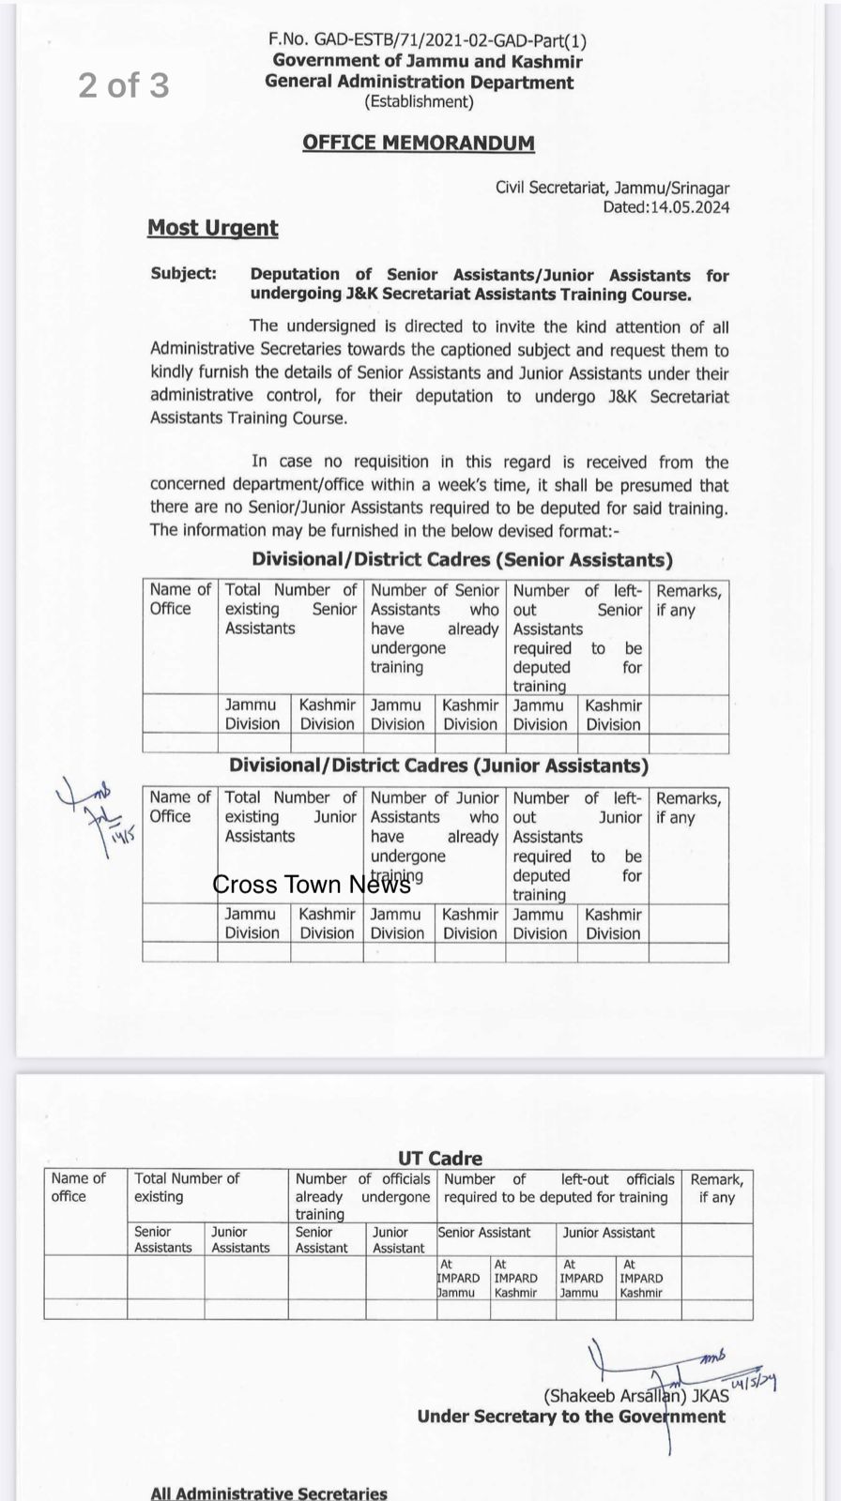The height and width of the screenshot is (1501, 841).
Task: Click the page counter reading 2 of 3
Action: click(124, 85)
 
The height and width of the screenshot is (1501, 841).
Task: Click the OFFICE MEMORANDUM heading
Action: click(419, 143)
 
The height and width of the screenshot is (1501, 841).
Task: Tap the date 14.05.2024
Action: click(686, 207)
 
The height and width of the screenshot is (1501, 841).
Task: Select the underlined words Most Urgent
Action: click(213, 228)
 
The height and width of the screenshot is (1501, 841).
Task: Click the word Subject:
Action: click(183, 274)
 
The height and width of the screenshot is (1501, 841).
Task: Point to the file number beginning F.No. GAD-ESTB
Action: click(427, 39)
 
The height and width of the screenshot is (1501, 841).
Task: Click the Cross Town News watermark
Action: click(312, 884)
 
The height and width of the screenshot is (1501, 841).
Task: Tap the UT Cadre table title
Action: click(440, 1158)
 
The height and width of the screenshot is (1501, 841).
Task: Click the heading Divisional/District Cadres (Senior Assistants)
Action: click(462, 560)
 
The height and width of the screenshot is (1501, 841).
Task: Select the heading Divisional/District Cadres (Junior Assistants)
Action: click(438, 766)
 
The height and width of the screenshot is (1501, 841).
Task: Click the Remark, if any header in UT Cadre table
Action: click(716, 1188)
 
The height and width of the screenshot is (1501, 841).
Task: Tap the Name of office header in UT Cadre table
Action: click(79, 1187)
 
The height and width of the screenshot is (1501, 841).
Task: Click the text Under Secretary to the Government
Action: click(571, 1417)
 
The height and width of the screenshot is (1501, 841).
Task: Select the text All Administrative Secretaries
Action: click(268, 1493)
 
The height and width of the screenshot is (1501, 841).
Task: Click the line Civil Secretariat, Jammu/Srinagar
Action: click(612, 188)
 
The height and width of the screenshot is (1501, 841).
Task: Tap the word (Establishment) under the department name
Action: click(419, 101)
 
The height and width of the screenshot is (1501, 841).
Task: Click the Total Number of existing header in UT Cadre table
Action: click(187, 1187)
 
